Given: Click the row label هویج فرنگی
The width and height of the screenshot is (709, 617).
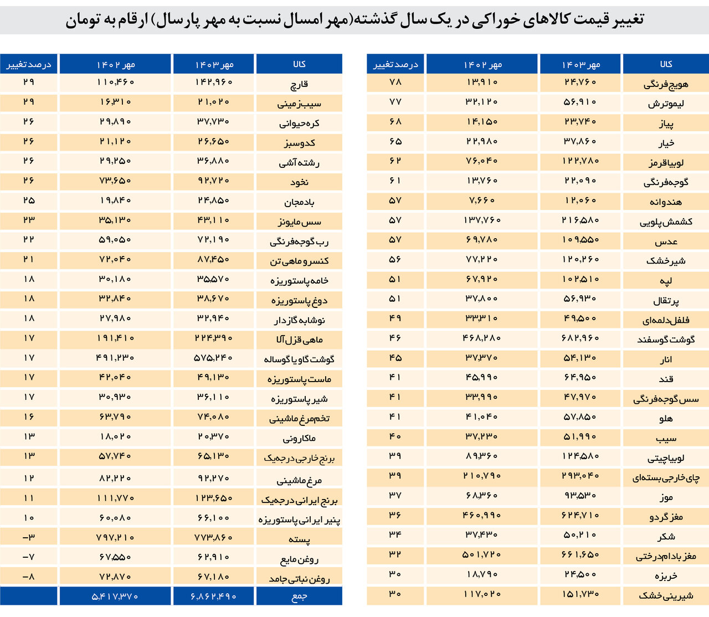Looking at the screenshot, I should [x=665, y=84].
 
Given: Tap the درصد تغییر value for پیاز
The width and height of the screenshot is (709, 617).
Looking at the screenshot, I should [x=395, y=121].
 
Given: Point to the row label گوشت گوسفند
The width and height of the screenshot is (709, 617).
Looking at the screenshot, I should [x=665, y=340].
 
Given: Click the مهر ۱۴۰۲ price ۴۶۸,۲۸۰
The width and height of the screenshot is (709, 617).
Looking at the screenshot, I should [x=482, y=338].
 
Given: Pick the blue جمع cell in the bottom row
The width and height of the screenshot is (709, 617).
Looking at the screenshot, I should [x=299, y=597].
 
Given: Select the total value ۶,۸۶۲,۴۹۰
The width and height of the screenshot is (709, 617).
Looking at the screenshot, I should [x=214, y=597].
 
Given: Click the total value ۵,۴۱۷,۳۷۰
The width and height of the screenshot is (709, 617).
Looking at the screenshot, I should [x=114, y=597].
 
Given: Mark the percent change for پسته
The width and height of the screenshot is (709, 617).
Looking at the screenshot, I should [x=29, y=537].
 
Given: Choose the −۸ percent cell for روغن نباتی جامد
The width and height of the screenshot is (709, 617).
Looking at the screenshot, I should [x=29, y=577].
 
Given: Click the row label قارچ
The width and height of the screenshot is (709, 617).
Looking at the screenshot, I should [x=299, y=84].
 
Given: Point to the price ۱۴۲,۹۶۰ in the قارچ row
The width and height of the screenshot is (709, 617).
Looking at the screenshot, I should [x=214, y=82].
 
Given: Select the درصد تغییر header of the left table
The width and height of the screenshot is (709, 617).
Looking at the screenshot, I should [x=29, y=64].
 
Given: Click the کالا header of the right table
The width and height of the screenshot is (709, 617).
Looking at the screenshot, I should [x=666, y=64].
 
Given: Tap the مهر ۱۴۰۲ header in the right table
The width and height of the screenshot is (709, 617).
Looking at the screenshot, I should [x=482, y=64].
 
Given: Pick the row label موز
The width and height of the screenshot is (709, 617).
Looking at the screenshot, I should [x=665, y=497].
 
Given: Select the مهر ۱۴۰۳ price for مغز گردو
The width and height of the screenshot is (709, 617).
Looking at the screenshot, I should [x=580, y=515].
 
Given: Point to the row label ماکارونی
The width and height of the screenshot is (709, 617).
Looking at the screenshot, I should [x=299, y=439].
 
